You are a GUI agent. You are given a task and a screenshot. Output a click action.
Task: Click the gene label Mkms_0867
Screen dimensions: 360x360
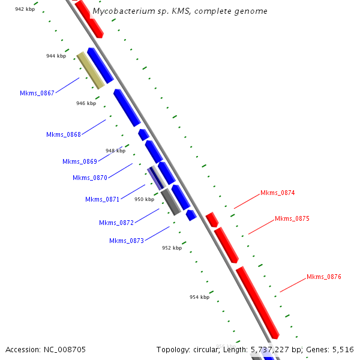[x=37, y=93]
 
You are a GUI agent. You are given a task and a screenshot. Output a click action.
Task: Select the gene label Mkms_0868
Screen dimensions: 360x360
[x=64, y=134]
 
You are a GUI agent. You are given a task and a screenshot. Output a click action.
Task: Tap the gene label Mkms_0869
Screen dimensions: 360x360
[x=80, y=161]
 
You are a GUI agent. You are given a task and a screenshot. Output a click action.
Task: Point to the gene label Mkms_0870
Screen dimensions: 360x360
[x=90, y=178]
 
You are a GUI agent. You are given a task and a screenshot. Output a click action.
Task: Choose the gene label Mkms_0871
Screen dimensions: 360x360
[x=103, y=199]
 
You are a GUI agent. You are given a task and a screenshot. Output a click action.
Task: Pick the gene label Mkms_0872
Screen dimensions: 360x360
[x=116, y=223]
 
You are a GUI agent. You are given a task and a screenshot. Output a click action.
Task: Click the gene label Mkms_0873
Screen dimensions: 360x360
[x=127, y=241]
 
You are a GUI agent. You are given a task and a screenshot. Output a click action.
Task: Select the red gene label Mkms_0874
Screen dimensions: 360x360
[x=278, y=193]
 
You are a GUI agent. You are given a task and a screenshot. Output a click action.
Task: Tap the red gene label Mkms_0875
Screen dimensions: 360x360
[x=292, y=218]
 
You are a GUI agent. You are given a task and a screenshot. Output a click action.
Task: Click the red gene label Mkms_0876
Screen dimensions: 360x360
[x=324, y=277]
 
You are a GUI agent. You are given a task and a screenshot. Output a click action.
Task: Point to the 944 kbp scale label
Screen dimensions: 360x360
[x=56, y=56]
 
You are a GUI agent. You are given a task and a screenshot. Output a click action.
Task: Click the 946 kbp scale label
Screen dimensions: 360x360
[x=86, y=103]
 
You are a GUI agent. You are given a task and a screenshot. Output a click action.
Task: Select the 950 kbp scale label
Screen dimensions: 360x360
[x=144, y=199]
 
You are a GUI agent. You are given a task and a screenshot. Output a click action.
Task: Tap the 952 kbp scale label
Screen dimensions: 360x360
[x=172, y=247]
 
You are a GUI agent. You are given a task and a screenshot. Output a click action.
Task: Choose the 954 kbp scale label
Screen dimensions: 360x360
[x=199, y=297]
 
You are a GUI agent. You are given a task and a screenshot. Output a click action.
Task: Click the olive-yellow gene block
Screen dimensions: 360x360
[x=91, y=70]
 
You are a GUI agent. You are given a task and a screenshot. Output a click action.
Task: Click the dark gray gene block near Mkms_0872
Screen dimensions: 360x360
[x=171, y=202]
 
